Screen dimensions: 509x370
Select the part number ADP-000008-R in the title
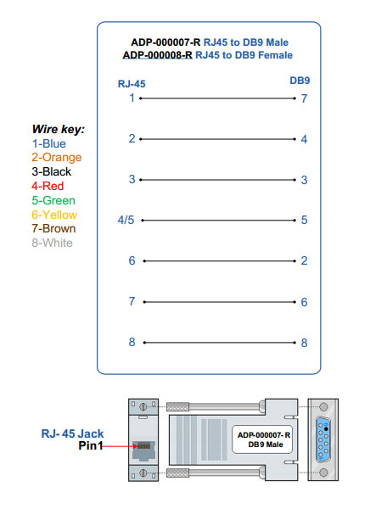(158, 55)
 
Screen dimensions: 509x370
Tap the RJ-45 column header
(132, 83)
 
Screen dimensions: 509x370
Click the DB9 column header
(300, 80)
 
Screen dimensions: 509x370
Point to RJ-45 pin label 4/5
(126, 220)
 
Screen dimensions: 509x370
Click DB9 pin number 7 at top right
(303, 98)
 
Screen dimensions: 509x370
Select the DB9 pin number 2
(303, 260)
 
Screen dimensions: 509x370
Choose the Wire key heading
(58, 129)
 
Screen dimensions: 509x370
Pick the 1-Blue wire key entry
(48, 143)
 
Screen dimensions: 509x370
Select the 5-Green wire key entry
(52, 200)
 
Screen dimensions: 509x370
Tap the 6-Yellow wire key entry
(53, 215)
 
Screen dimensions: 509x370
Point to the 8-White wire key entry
(52, 243)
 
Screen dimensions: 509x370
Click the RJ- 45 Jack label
(72, 433)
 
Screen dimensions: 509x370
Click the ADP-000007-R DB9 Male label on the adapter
(264, 439)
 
